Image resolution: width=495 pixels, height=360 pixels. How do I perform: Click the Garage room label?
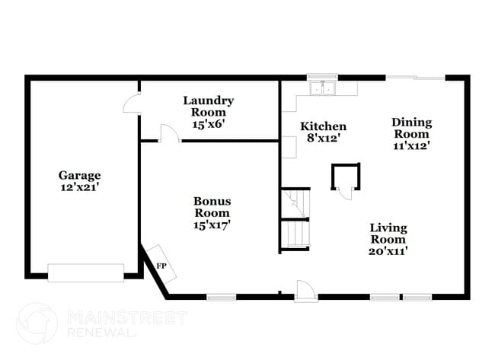pyautogui.click(x=79, y=175)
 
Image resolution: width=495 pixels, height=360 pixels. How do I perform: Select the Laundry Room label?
pyautogui.click(x=209, y=107)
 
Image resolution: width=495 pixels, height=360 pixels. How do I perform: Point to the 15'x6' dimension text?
pyautogui.click(x=209, y=124)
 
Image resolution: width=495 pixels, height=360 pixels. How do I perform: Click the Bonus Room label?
pyautogui.click(x=212, y=207)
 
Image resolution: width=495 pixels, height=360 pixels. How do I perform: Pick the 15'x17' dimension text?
pyautogui.click(x=212, y=225)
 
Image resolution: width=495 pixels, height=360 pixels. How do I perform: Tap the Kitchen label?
pyautogui.click(x=323, y=126)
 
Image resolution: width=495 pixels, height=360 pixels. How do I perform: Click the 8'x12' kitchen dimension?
pyautogui.click(x=323, y=138)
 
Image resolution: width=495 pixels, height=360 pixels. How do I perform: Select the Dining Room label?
pyautogui.click(x=412, y=128)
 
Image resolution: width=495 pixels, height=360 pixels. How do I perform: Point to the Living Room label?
pyautogui.click(x=388, y=234)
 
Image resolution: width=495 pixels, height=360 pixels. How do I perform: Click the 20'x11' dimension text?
pyautogui.click(x=388, y=251)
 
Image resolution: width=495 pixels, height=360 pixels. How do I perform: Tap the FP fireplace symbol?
pyautogui.click(x=161, y=264)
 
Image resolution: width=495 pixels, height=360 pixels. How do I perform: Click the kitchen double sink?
pyautogui.click(x=322, y=88)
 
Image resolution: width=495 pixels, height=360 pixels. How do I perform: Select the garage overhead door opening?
pyautogui.click(x=85, y=272)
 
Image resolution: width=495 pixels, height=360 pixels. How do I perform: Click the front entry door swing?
pyautogui.click(x=306, y=291)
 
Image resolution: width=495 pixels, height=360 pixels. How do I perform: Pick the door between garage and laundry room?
pyautogui.click(x=131, y=103)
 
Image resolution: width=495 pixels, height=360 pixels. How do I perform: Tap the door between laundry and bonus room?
pyautogui.click(x=170, y=133)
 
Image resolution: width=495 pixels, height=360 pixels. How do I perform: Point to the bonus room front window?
pyautogui.click(x=222, y=298)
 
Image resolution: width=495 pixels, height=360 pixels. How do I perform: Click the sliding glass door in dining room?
pyautogui.click(x=416, y=78)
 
